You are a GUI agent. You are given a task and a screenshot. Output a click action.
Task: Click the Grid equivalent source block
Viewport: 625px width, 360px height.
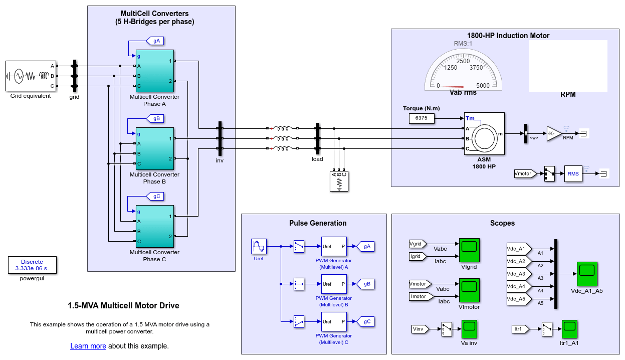(x=31, y=76)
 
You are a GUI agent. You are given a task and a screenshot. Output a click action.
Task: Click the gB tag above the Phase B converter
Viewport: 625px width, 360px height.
(x=156, y=119)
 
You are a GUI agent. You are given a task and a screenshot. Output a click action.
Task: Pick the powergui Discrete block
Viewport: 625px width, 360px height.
(x=32, y=265)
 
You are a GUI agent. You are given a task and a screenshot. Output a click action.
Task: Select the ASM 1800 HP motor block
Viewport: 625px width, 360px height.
(x=484, y=133)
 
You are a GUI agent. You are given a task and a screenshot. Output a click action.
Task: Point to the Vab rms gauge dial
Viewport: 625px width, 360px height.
(x=463, y=70)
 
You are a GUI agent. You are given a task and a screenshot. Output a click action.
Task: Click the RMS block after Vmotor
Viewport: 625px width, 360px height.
(x=573, y=173)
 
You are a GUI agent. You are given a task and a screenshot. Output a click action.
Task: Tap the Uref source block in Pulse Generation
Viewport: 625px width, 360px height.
(x=259, y=247)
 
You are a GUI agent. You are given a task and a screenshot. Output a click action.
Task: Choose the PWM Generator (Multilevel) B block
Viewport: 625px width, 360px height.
(x=334, y=284)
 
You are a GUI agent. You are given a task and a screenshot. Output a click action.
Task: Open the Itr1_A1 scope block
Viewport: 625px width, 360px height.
(x=570, y=329)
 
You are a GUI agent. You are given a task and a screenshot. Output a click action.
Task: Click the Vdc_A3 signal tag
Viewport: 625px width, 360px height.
(x=516, y=274)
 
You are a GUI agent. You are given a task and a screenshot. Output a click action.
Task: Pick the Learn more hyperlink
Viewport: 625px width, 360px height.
(x=88, y=346)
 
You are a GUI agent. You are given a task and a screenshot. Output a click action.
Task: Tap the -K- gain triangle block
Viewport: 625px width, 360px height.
(x=553, y=133)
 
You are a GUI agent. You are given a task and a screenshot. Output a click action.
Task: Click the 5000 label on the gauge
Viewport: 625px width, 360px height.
(x=483, y=86)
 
